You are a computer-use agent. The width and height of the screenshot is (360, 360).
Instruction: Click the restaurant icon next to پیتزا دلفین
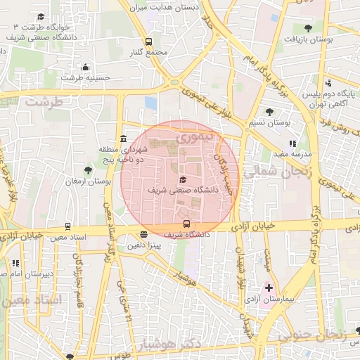coord(144,235)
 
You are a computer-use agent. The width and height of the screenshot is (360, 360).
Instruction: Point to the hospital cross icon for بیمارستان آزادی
coord(269,288)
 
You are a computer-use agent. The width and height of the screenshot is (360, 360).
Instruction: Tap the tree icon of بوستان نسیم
coord(270,112)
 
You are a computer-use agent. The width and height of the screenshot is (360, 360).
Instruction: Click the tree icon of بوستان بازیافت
coord(308,28)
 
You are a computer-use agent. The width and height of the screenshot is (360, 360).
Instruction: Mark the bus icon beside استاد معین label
coord(67,226)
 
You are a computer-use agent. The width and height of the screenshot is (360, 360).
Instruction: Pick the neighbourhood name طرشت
coord(44,102)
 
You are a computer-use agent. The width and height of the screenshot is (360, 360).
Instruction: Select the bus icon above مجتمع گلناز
coord(148,42)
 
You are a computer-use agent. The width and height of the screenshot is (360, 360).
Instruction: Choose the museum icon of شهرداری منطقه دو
coord(124,138)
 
